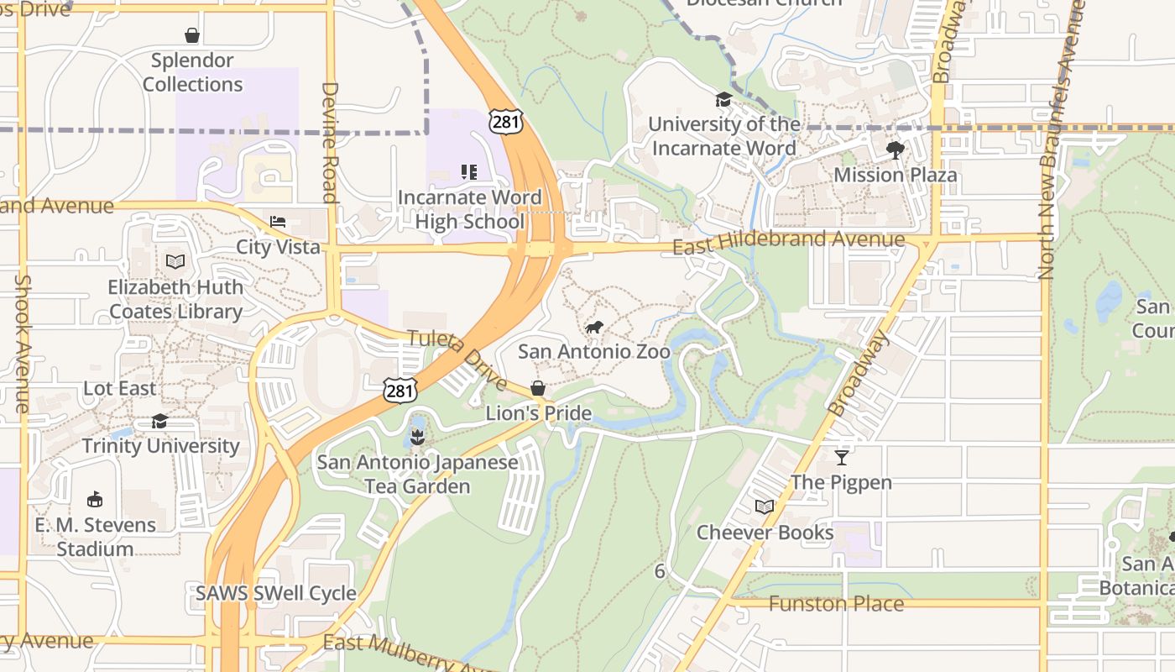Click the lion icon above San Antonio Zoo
(594, 327)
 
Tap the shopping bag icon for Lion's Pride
(538, 389)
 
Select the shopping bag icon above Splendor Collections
(192, 35)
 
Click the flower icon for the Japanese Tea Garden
(417, 437)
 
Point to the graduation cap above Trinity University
(159, 421)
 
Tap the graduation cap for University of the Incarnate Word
(723, 100)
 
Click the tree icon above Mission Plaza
(896, 150)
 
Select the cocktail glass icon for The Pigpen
(842, 457)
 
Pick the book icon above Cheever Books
(764, 507)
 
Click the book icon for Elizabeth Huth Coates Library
(175, 262)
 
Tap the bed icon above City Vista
(278, 222)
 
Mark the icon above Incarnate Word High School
(469, 172)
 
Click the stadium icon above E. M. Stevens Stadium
(95, 500)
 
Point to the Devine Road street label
(330, 142)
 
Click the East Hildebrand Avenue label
(788, 242)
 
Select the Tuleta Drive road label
(457, 360)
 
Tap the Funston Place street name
(836, 604)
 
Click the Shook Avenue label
(23, 344)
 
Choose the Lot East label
(119, 389)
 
